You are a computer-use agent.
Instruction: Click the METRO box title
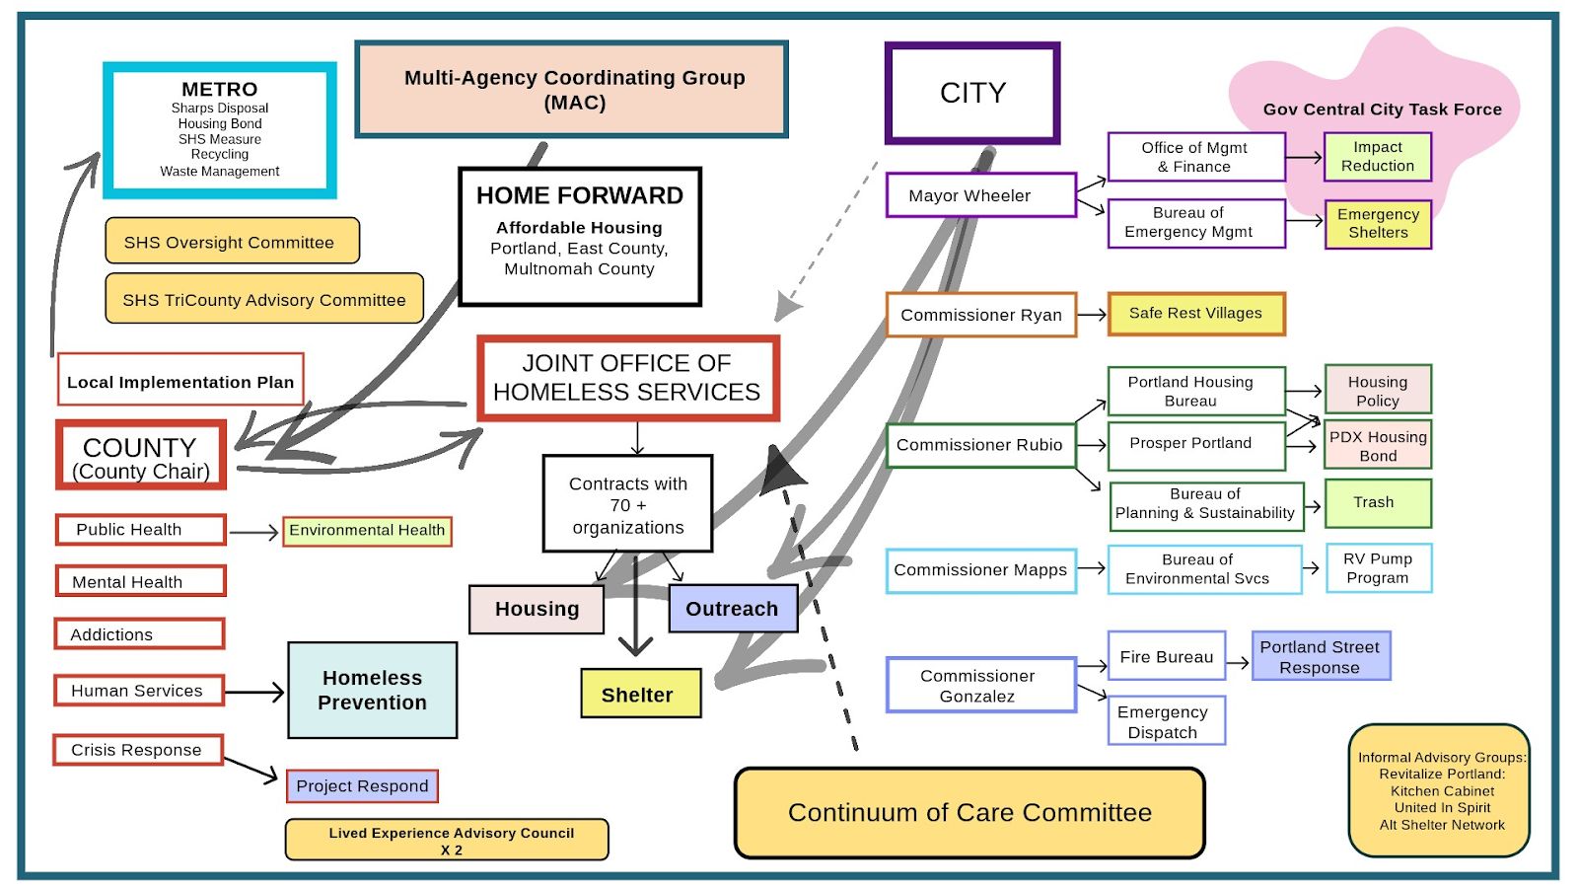click(219, 90)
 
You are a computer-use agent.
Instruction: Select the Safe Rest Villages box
click(1195, 314)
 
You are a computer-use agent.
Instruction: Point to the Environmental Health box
click(367, 531)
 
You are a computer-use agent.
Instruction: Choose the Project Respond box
click(362, 786)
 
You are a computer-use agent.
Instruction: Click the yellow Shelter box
click(640, 694)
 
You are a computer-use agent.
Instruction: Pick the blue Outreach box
click(732, 609)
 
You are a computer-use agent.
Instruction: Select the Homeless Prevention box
click(372, 691)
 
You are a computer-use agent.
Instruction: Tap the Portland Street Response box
click(1320, 657)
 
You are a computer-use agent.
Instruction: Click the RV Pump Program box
click(1378, 568)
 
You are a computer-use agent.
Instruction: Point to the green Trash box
click(1377, 503)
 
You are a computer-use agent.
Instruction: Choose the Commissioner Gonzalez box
click(979, 685)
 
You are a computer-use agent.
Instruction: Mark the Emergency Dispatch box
click(1165, 721)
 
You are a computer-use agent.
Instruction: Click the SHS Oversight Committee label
click(230, 242)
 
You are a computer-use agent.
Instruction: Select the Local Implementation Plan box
click(180, 381)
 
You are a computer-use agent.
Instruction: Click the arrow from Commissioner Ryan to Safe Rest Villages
click(1092, 315)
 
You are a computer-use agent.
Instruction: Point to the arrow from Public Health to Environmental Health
click(253, 533)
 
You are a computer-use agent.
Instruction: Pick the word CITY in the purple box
click(972, 94)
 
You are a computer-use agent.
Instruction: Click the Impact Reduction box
click(1377, 157)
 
